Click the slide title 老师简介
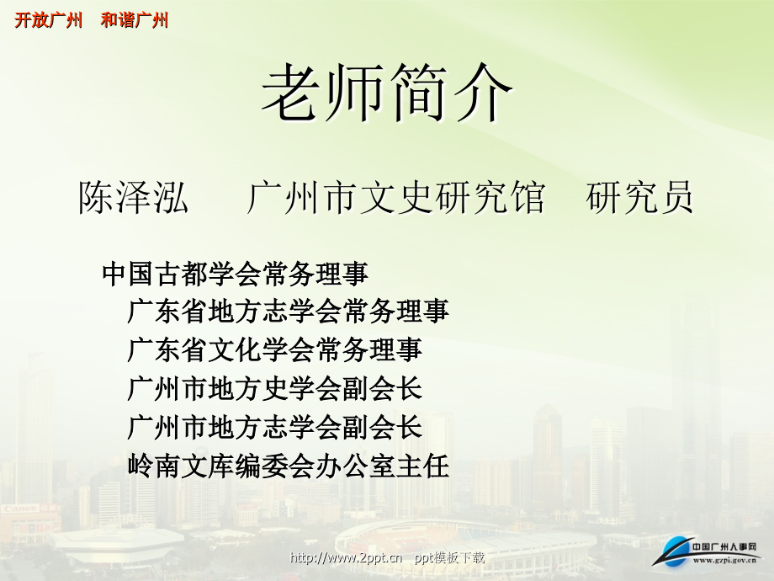[386, 96]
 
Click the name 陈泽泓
[134, 199]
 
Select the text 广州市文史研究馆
[395, 199]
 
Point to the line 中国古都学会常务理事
[235, 274]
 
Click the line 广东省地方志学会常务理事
[288, 312]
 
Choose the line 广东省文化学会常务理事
[274, 349]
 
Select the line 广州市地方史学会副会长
[274, 388]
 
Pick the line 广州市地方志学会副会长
[274, 427]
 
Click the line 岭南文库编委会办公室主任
[288, 466]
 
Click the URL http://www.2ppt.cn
[346, 557]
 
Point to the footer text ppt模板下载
[450, 557]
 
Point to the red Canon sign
[19, 509]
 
